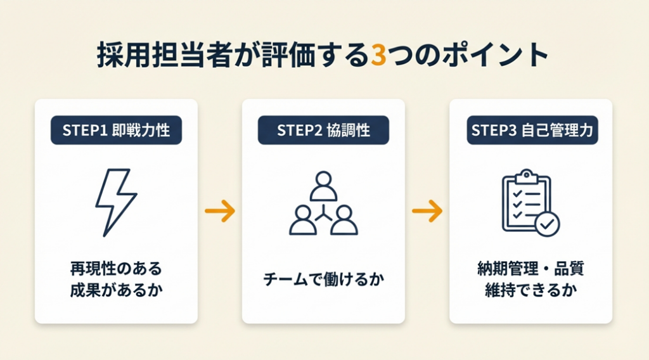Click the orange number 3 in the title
(x=377, y=56)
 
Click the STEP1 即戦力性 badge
(x=116, y=131)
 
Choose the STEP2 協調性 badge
(x=323, y=131)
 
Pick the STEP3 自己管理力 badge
(x=531, y=131)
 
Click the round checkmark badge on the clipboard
(x=547, y=223)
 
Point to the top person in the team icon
(x=323, y=184)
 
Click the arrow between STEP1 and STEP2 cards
(x=220, y=212)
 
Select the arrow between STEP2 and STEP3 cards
(x=427, y=212)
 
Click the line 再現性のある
(x=116, y=268)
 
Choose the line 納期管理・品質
(x=530, y=268)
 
